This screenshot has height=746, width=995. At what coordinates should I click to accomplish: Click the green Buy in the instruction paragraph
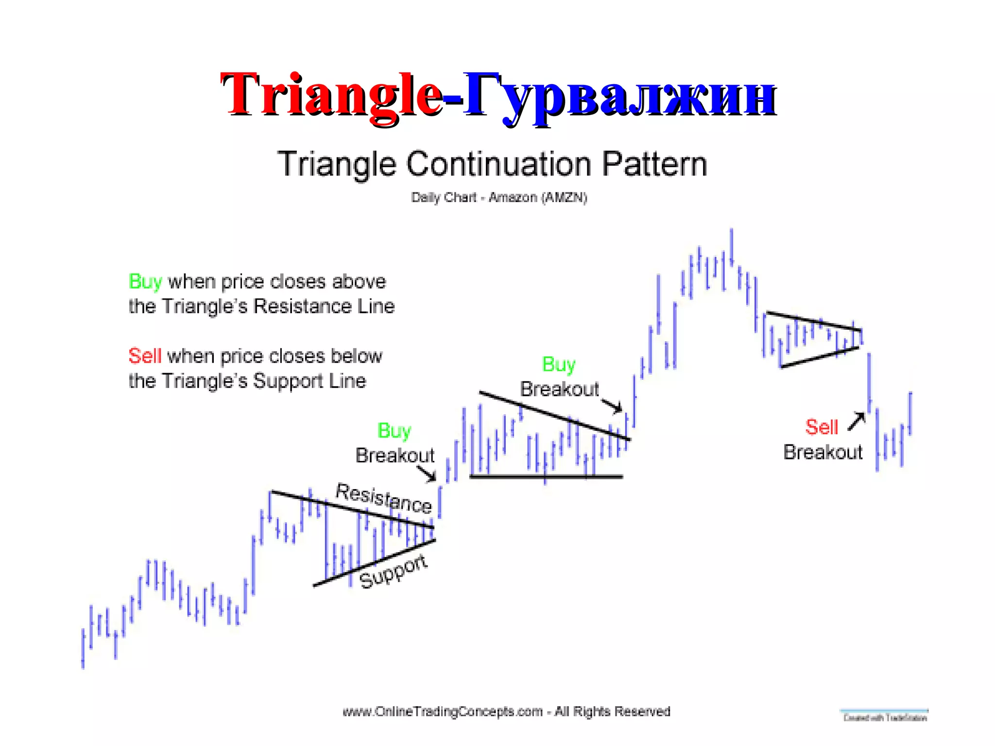(x=145, y=282)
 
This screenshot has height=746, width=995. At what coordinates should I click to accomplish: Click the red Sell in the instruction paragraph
(x=144, y=356)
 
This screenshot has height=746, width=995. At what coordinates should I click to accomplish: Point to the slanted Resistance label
(x=384, y=498)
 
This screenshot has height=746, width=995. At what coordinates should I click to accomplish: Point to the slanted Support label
(x=394, y=572)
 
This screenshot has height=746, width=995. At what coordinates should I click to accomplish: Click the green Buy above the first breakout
(x=394, y=431)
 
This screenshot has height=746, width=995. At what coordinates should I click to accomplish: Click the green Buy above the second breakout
(x=559, y=364)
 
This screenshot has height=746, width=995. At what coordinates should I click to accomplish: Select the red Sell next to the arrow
(x=822, y=427)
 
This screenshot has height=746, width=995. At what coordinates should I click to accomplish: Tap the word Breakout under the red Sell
(x=823, y=453)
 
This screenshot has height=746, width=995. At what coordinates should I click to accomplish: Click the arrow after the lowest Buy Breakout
(x=428, y=474)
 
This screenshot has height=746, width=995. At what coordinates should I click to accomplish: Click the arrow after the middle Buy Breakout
(x=612, y=406)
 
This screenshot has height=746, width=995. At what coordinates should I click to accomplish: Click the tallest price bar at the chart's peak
(x=731, y=248)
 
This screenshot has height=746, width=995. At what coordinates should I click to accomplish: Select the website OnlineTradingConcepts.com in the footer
(x=443, y=712)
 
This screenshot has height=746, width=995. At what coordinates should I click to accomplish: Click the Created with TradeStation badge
(x=885, y=716)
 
